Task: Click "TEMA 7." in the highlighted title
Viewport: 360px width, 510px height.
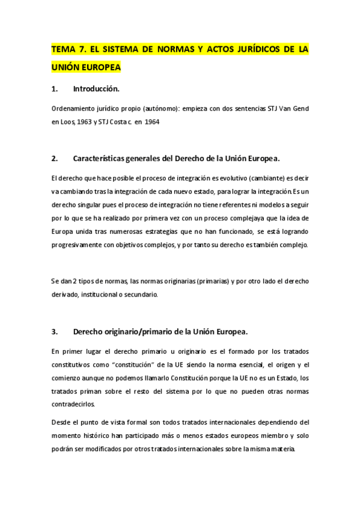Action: (x=69, y=49)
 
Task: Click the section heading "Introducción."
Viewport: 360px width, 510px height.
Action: (x=96, y=90)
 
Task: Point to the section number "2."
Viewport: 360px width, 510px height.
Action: (x=55, y=159)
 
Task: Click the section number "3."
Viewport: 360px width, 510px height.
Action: (x=55, y=331)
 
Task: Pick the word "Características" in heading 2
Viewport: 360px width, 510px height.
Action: (x=105, y=159)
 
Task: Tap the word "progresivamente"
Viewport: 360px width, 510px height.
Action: (x=82, y=245)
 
